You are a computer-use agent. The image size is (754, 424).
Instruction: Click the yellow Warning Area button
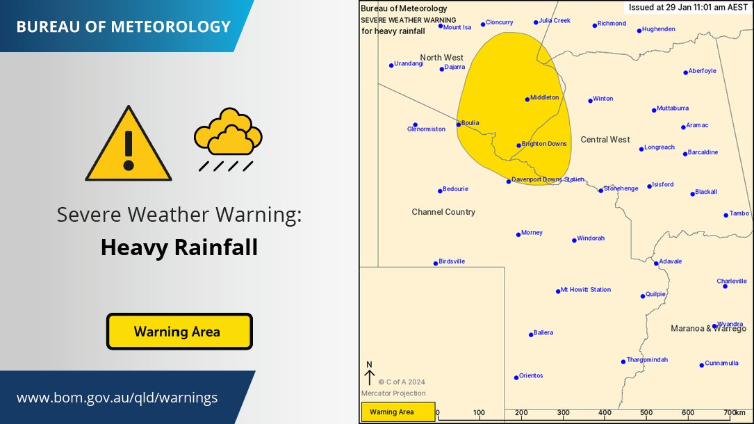tap(179, 332)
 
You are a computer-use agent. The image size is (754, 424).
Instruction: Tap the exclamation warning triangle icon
tap(128, 146)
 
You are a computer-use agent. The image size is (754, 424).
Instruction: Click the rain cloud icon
tap(228, 138)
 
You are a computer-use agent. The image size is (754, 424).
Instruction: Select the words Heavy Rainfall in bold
tap(179, 247)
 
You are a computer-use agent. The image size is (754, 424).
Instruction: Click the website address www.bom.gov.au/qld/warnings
tap(117, 398)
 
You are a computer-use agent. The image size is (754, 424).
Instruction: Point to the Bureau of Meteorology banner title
tap(123, 27)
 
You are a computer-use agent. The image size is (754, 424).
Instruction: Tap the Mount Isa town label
tap(457, 27)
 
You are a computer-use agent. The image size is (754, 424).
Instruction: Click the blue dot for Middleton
tap(527, 99)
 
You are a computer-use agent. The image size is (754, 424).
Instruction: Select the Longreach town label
tap(659, 147)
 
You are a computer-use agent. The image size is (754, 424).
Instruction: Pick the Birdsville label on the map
tap(452, 261)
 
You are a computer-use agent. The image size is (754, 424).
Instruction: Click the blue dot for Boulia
tap(459, 124)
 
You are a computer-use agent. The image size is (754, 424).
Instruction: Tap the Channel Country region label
tap(443, 212)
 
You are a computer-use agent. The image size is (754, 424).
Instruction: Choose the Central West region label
tap(605, 140)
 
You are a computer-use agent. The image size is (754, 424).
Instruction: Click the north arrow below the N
tap(369, 378)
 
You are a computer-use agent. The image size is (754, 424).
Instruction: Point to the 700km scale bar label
tap(734, 412)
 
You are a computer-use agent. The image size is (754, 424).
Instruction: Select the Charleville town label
tap(732, 281)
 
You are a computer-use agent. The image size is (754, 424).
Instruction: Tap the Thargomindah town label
tap(647, 359)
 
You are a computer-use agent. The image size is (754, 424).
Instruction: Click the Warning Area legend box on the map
tap(398, 412)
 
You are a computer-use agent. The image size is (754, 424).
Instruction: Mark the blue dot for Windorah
tap(574, 240)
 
